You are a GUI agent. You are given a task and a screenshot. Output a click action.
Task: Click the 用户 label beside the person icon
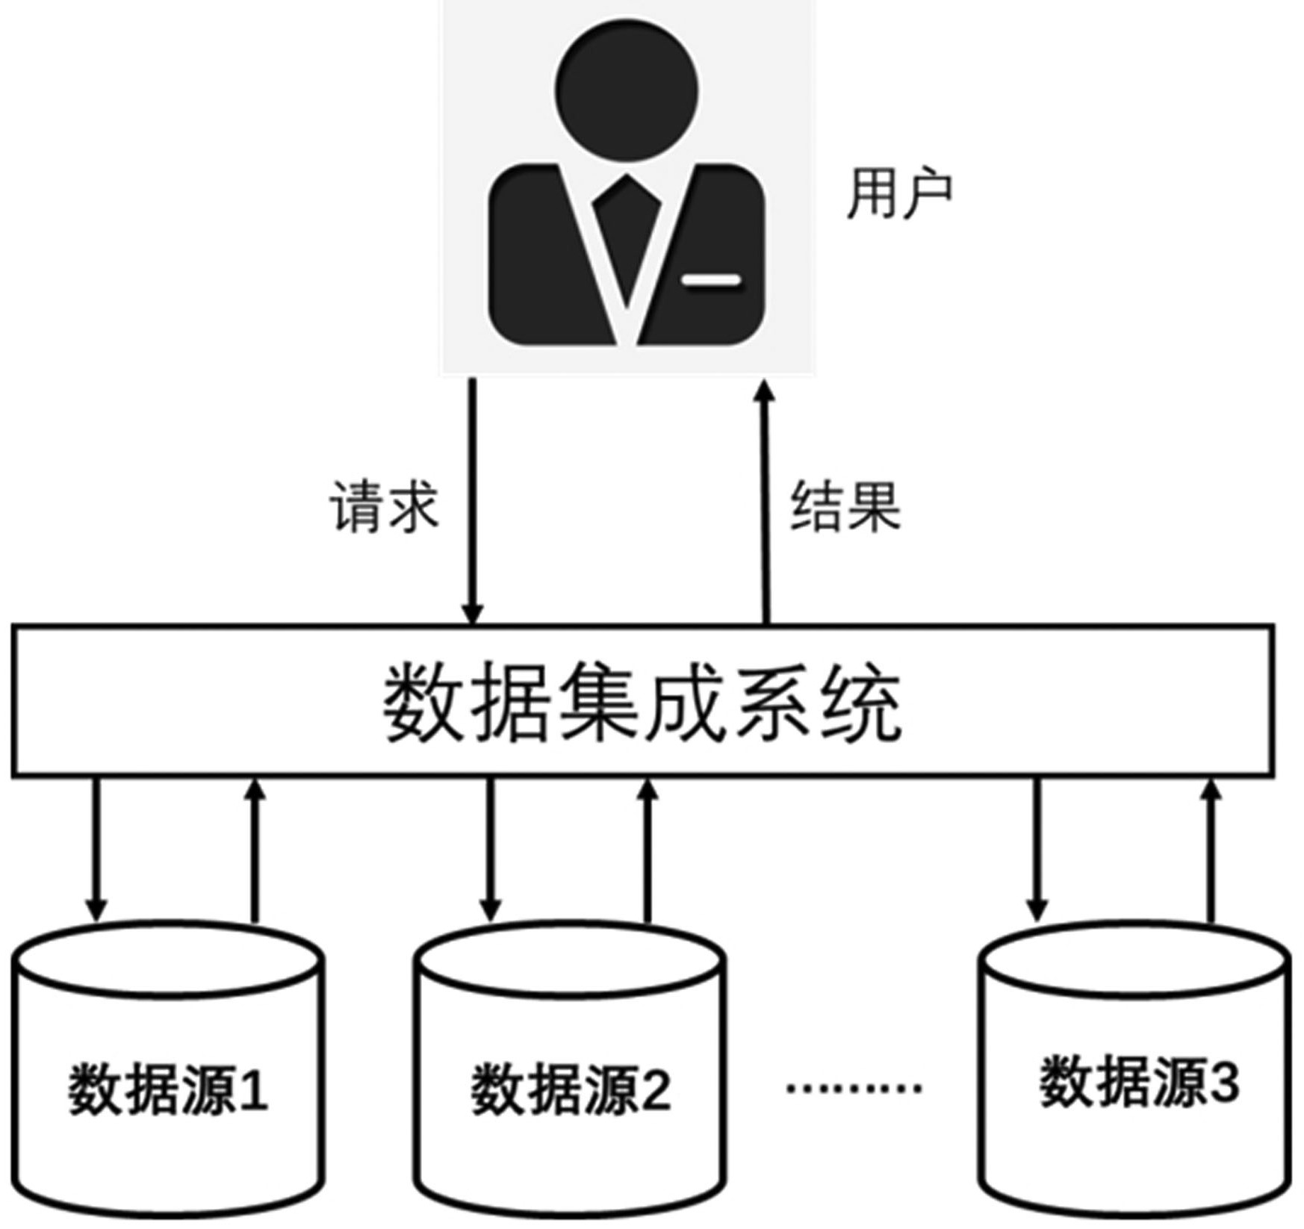(899, 194)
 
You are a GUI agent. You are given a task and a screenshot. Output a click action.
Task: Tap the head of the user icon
(626, 91)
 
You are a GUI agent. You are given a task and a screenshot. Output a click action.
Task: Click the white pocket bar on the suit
(711, 281)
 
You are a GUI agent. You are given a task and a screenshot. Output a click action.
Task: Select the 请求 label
(384, 507)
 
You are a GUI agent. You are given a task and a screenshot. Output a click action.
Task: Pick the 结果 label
(845, 507)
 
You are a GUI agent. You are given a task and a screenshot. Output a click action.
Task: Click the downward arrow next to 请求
(472, 500)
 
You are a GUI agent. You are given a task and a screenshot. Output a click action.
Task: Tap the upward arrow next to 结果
(765, 500)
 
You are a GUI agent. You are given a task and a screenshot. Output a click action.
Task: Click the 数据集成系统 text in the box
(643, 703)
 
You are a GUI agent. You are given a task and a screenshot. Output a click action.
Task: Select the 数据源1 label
(168, 1090)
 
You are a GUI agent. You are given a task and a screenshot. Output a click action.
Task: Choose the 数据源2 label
(571, 1090)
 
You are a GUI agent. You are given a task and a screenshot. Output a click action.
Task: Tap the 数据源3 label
(1139, 1082)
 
